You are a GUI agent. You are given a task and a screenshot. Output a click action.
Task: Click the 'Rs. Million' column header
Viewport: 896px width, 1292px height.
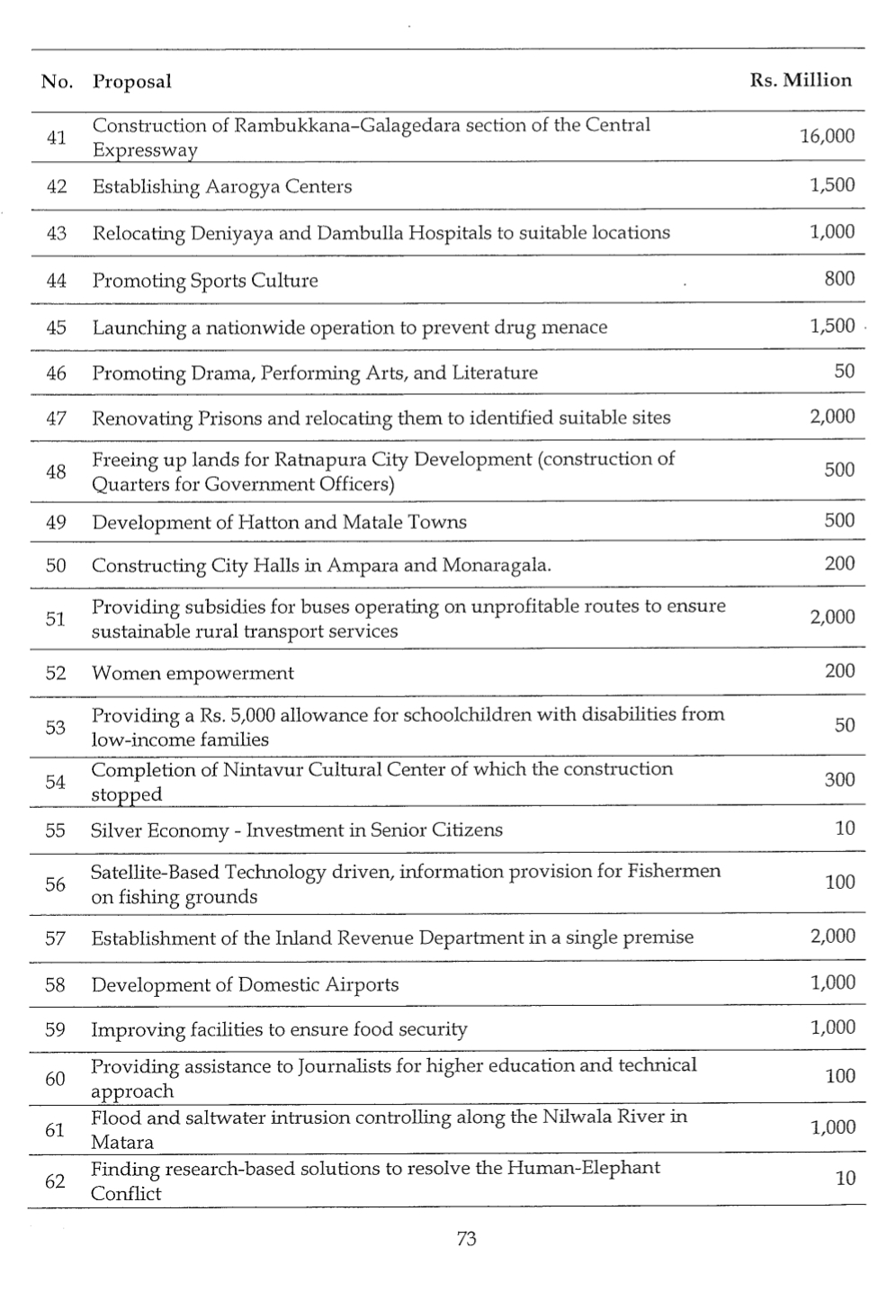point(800,80)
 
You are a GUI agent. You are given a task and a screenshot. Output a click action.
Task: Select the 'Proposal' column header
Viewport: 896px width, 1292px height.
point(131,82)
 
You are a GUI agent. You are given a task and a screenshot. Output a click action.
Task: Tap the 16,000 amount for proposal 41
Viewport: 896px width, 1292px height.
point(827,136)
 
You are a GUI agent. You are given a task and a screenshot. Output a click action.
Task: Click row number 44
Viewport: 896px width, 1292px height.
point(56,281)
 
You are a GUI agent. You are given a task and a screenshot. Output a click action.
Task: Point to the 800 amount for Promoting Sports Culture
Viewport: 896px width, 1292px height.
point(839,279)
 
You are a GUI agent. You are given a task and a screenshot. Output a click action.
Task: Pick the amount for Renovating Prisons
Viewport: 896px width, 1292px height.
point(832,417)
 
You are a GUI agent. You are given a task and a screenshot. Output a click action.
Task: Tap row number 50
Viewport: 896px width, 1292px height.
point(56,566)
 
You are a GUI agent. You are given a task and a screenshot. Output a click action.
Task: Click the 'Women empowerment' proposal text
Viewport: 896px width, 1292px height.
point(193,673)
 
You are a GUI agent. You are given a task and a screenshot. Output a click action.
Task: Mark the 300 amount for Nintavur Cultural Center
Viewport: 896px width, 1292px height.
point(839,780)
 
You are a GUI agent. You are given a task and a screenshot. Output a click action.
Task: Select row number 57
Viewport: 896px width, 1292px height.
point(56,938)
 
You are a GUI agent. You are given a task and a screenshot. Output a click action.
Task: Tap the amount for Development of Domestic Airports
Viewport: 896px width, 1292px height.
point(832,982)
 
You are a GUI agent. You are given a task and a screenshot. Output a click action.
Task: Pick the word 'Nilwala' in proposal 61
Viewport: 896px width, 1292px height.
point(578,1117)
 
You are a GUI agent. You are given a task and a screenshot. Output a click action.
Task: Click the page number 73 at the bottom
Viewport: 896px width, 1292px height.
point(466,1239)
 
